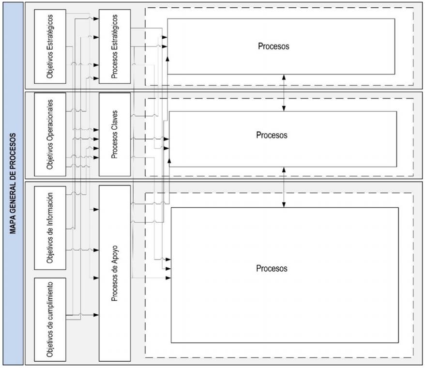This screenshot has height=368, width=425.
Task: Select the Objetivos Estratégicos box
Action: (50, 46)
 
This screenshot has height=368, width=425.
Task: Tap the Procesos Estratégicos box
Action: (115, 46)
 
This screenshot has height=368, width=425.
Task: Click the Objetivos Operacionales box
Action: (50, 134)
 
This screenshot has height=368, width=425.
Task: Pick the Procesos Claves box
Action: (115, 134)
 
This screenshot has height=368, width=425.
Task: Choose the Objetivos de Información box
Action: (50, 228)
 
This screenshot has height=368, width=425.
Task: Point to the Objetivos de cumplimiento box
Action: (50, 319)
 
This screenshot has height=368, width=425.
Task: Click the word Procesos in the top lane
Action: (273, 46)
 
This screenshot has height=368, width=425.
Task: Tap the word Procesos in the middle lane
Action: (272, 135)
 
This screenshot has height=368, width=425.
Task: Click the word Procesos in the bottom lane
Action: (272, 268)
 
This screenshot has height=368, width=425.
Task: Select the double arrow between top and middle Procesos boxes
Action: (284, 92)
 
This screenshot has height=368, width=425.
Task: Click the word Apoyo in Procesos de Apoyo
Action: (115, 256)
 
